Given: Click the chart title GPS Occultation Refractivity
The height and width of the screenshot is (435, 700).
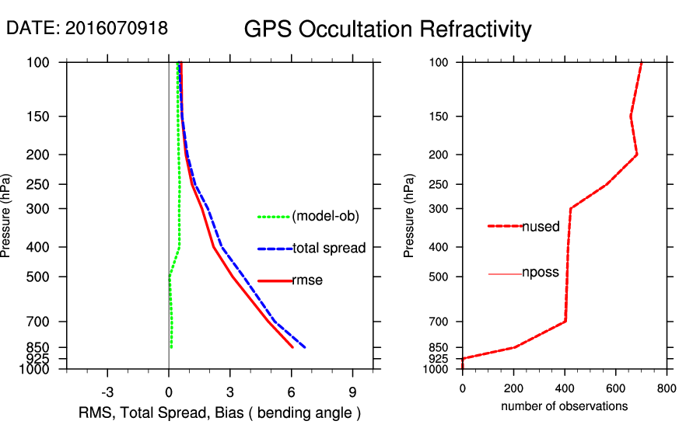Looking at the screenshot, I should pos(387,30).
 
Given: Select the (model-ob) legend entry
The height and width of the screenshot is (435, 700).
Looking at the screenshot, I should pos(326,217).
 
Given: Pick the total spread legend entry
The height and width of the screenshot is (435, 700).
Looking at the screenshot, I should pos(329,249).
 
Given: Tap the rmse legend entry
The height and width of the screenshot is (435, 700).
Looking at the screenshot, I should pos(307,280).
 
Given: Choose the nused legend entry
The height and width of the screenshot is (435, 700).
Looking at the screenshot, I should pos(541,227).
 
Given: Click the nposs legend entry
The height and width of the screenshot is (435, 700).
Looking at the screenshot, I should pos(541,273).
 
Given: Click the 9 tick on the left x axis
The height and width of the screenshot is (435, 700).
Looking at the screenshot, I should pos(352,391).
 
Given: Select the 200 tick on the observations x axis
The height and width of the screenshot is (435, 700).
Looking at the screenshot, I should pos(513,388).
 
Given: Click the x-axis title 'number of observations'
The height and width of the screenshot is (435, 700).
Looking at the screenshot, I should pos(564,406).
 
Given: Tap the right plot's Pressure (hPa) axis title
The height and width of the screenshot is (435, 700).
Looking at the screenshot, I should pos(409,216).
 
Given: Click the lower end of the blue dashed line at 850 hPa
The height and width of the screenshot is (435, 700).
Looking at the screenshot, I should pos(305,347).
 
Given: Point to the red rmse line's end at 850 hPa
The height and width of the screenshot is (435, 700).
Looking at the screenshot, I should pos(292,347).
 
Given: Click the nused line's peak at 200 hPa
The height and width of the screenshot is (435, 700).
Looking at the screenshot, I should pos(637,155).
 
